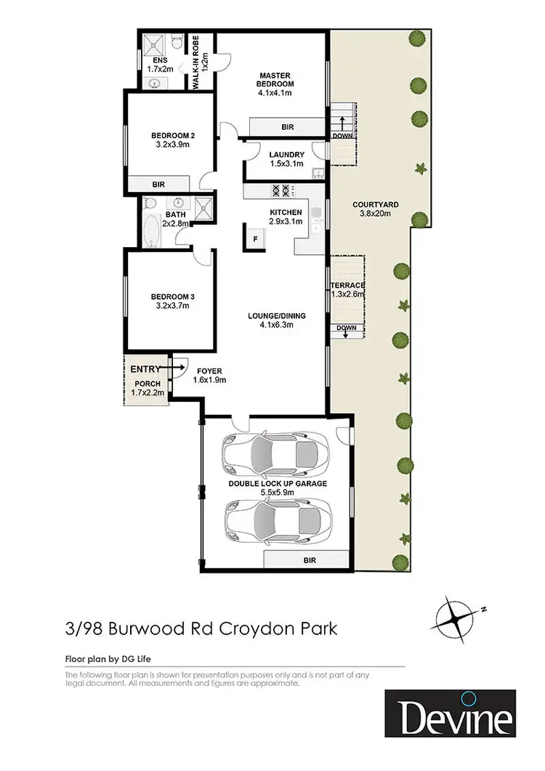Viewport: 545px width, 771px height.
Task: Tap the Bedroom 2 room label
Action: click(172, 135)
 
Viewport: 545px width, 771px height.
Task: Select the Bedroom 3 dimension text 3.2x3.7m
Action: click(172, 306)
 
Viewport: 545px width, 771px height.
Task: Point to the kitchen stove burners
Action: click(280, 191)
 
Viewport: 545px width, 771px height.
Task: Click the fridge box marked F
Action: click(255, 238)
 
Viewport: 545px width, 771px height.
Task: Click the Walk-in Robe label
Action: click(195, 61)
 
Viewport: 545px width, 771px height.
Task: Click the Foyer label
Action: click(209, 371)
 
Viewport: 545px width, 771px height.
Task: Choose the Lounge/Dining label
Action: click(276, 316)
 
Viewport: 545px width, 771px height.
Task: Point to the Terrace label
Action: click(347, 285)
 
